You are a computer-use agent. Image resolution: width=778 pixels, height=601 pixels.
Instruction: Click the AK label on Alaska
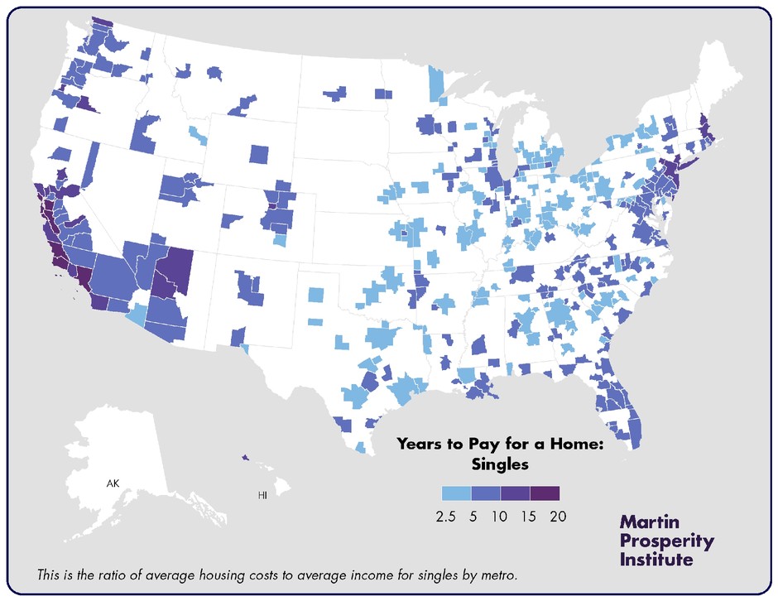tap(113, 482)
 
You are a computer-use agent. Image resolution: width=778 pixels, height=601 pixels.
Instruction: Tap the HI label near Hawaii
tap(262, 495)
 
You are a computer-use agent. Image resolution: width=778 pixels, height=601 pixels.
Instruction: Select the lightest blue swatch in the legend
tap(456, 493)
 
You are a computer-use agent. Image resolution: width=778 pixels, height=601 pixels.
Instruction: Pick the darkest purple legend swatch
tap(545, 493)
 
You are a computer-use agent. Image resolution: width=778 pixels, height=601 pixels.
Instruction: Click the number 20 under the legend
tap(559, 517)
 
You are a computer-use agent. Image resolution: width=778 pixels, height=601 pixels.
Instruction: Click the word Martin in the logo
tap(650, 523)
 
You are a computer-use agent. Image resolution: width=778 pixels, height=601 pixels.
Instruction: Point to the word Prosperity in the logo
tap(666, 541)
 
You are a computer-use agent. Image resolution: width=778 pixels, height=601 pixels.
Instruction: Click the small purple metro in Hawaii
tap(245, 456)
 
